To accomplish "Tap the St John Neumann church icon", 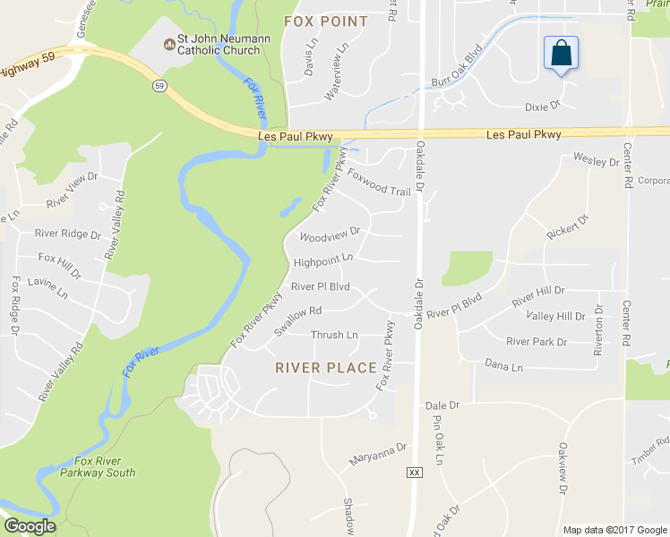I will click(x=168, y=45).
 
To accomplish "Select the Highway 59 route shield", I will click(x=158, y=86).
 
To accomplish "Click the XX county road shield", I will click(x=413, y=472).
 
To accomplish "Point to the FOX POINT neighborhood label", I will click(x=325, y=21).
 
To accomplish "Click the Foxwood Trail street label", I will click(x=379, y=183).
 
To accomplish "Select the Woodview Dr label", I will click(x=329, y=234).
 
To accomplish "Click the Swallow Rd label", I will click(x=297, y=320).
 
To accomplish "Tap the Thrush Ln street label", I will click(x=334, y=336).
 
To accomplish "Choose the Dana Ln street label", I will click(x=502, y=364).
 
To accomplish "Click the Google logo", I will click(x=30, y=526).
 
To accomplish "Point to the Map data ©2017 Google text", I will click(x=615, y=530).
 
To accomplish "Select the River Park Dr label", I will click(x=537, y=342).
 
